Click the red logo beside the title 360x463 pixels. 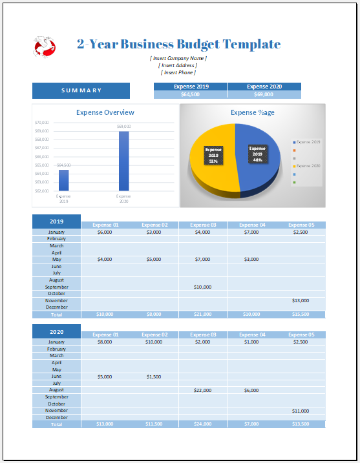45,46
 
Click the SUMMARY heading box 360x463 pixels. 81,90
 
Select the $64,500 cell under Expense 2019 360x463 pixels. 191,95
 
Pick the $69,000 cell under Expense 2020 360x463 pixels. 264,95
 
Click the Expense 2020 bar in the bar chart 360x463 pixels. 123,161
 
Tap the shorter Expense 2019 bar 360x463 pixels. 63,180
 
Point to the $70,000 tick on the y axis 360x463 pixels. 41,122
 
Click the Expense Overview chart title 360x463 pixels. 105,112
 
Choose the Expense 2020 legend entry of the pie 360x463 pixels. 307,166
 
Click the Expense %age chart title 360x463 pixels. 253,112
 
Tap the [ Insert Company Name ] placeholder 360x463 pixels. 178,58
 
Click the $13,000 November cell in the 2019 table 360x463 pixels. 301,300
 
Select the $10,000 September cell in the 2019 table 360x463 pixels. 202,287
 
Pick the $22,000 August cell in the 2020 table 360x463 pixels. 202,390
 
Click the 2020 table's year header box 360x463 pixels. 56,331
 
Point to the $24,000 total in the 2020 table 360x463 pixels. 202,424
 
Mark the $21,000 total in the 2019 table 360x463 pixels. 202,314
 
